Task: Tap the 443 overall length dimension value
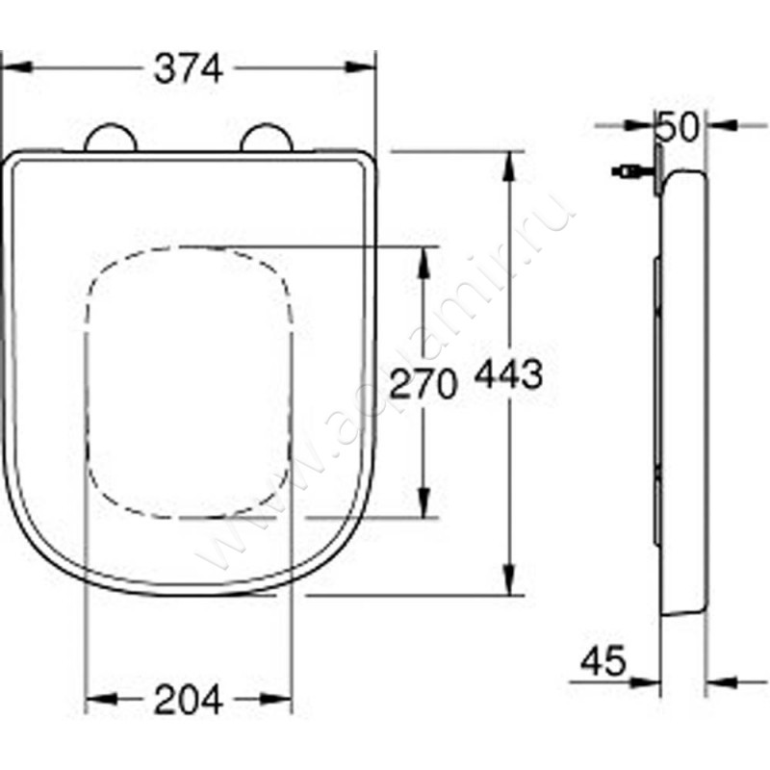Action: [x=508, y=375]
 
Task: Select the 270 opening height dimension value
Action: [x=421, y=384]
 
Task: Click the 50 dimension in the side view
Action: [x=680, y=125]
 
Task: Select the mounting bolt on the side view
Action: [x=627, y=171]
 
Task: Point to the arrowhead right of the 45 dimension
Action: [x=718, y=682]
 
